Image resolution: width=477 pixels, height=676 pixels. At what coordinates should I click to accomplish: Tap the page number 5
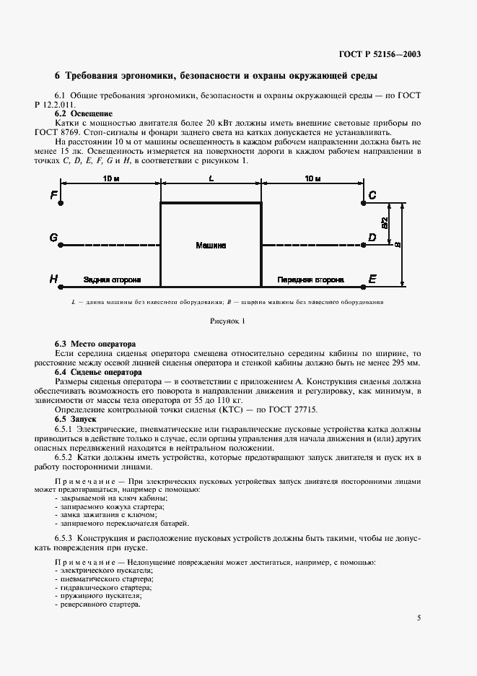click(419, 617)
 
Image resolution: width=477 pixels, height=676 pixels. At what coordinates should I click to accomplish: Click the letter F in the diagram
click(53, 196)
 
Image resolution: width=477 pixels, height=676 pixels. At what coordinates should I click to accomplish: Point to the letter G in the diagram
click(53, 238)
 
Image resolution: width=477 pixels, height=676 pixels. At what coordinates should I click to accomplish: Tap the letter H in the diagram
click(53, 279)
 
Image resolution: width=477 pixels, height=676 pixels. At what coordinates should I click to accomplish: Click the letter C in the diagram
click(372, 196)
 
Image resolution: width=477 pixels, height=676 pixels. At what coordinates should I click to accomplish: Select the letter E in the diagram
click(372, 279)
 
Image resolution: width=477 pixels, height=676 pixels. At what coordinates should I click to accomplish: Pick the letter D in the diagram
click(372, 237)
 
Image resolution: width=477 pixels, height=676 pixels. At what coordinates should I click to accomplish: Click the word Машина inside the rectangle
click(211, 246)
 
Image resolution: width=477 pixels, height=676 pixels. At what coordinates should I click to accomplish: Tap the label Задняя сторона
click(112, 279)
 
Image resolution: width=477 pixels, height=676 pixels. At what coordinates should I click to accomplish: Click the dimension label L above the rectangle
click(211, 178)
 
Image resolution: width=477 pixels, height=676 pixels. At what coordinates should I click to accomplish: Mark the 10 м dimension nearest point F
click(111, 178)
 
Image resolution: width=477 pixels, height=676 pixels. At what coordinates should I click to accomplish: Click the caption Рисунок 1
click(228, 320)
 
